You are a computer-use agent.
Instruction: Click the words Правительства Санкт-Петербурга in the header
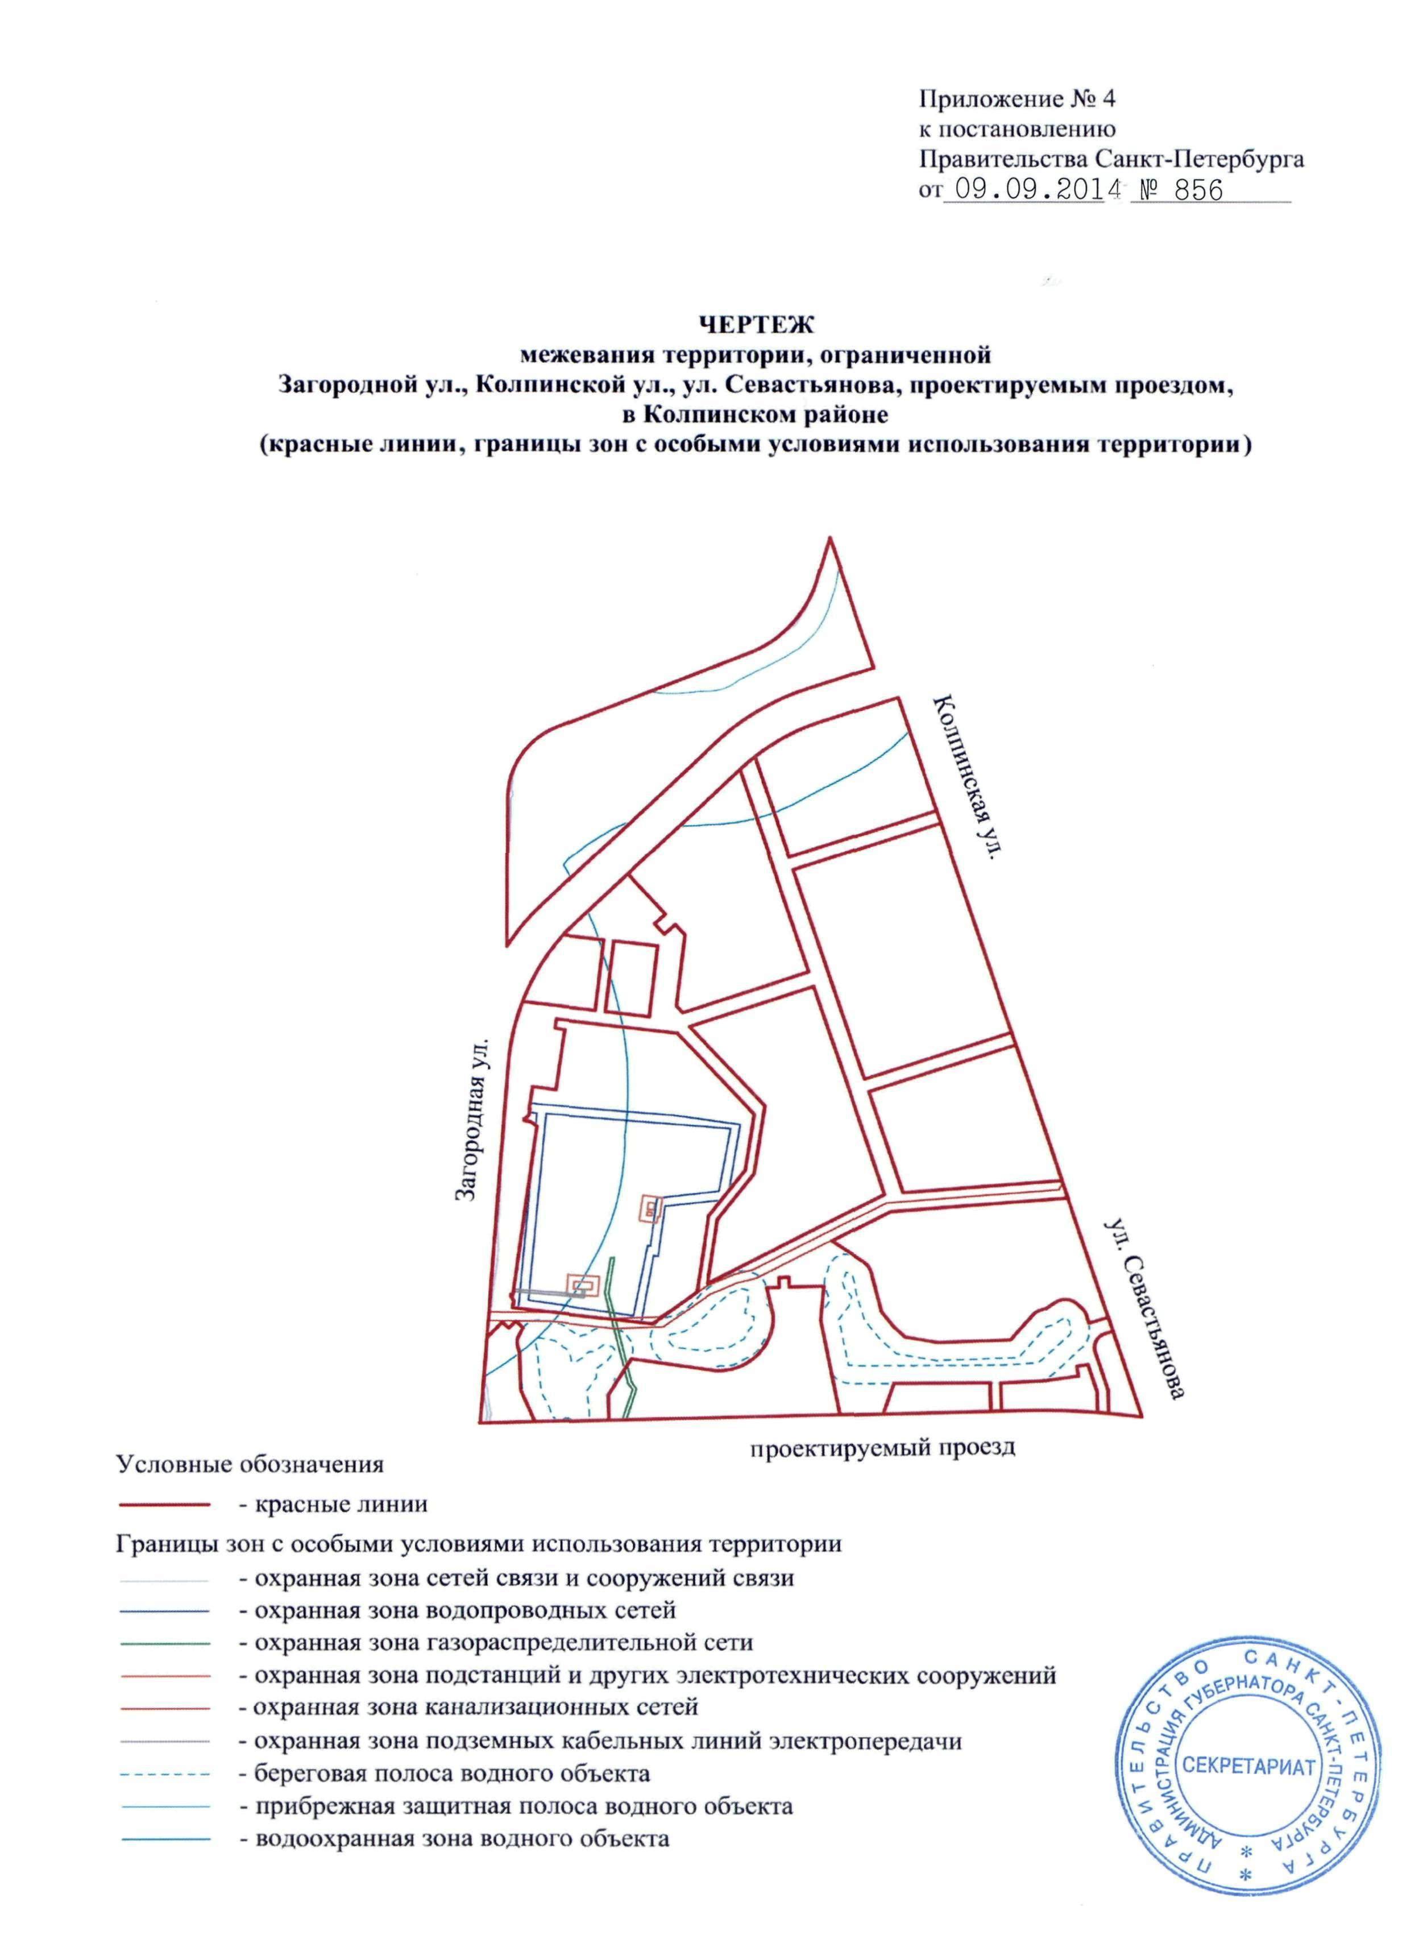tap(1111, 159)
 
